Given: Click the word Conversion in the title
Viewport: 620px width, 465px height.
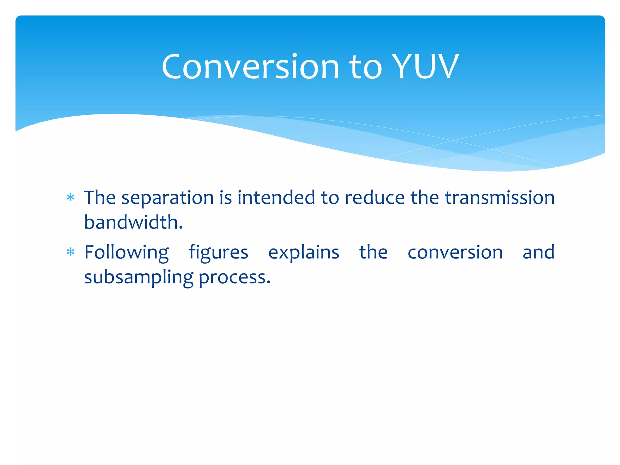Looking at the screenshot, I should [250, 67].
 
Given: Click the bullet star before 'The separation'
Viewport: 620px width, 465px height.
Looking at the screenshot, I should [71, 198].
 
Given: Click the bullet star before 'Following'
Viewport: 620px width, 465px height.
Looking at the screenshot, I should [71, 252].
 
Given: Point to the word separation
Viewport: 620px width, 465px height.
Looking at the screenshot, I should [168, 198].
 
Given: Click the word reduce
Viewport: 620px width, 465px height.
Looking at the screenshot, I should [374, 198].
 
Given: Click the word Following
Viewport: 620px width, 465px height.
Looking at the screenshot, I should [127, 253].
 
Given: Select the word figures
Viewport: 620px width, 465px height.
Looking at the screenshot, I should [218, 253].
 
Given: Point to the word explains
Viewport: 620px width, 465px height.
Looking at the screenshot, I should [304, 253].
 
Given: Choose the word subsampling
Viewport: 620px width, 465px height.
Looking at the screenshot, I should [139, 278].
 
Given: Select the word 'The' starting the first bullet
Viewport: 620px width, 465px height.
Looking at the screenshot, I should [100, 198].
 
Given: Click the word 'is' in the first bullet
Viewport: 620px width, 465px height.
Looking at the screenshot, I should [226, 198].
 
